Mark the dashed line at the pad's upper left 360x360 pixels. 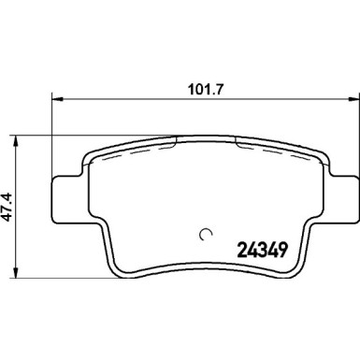pos(131,148)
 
